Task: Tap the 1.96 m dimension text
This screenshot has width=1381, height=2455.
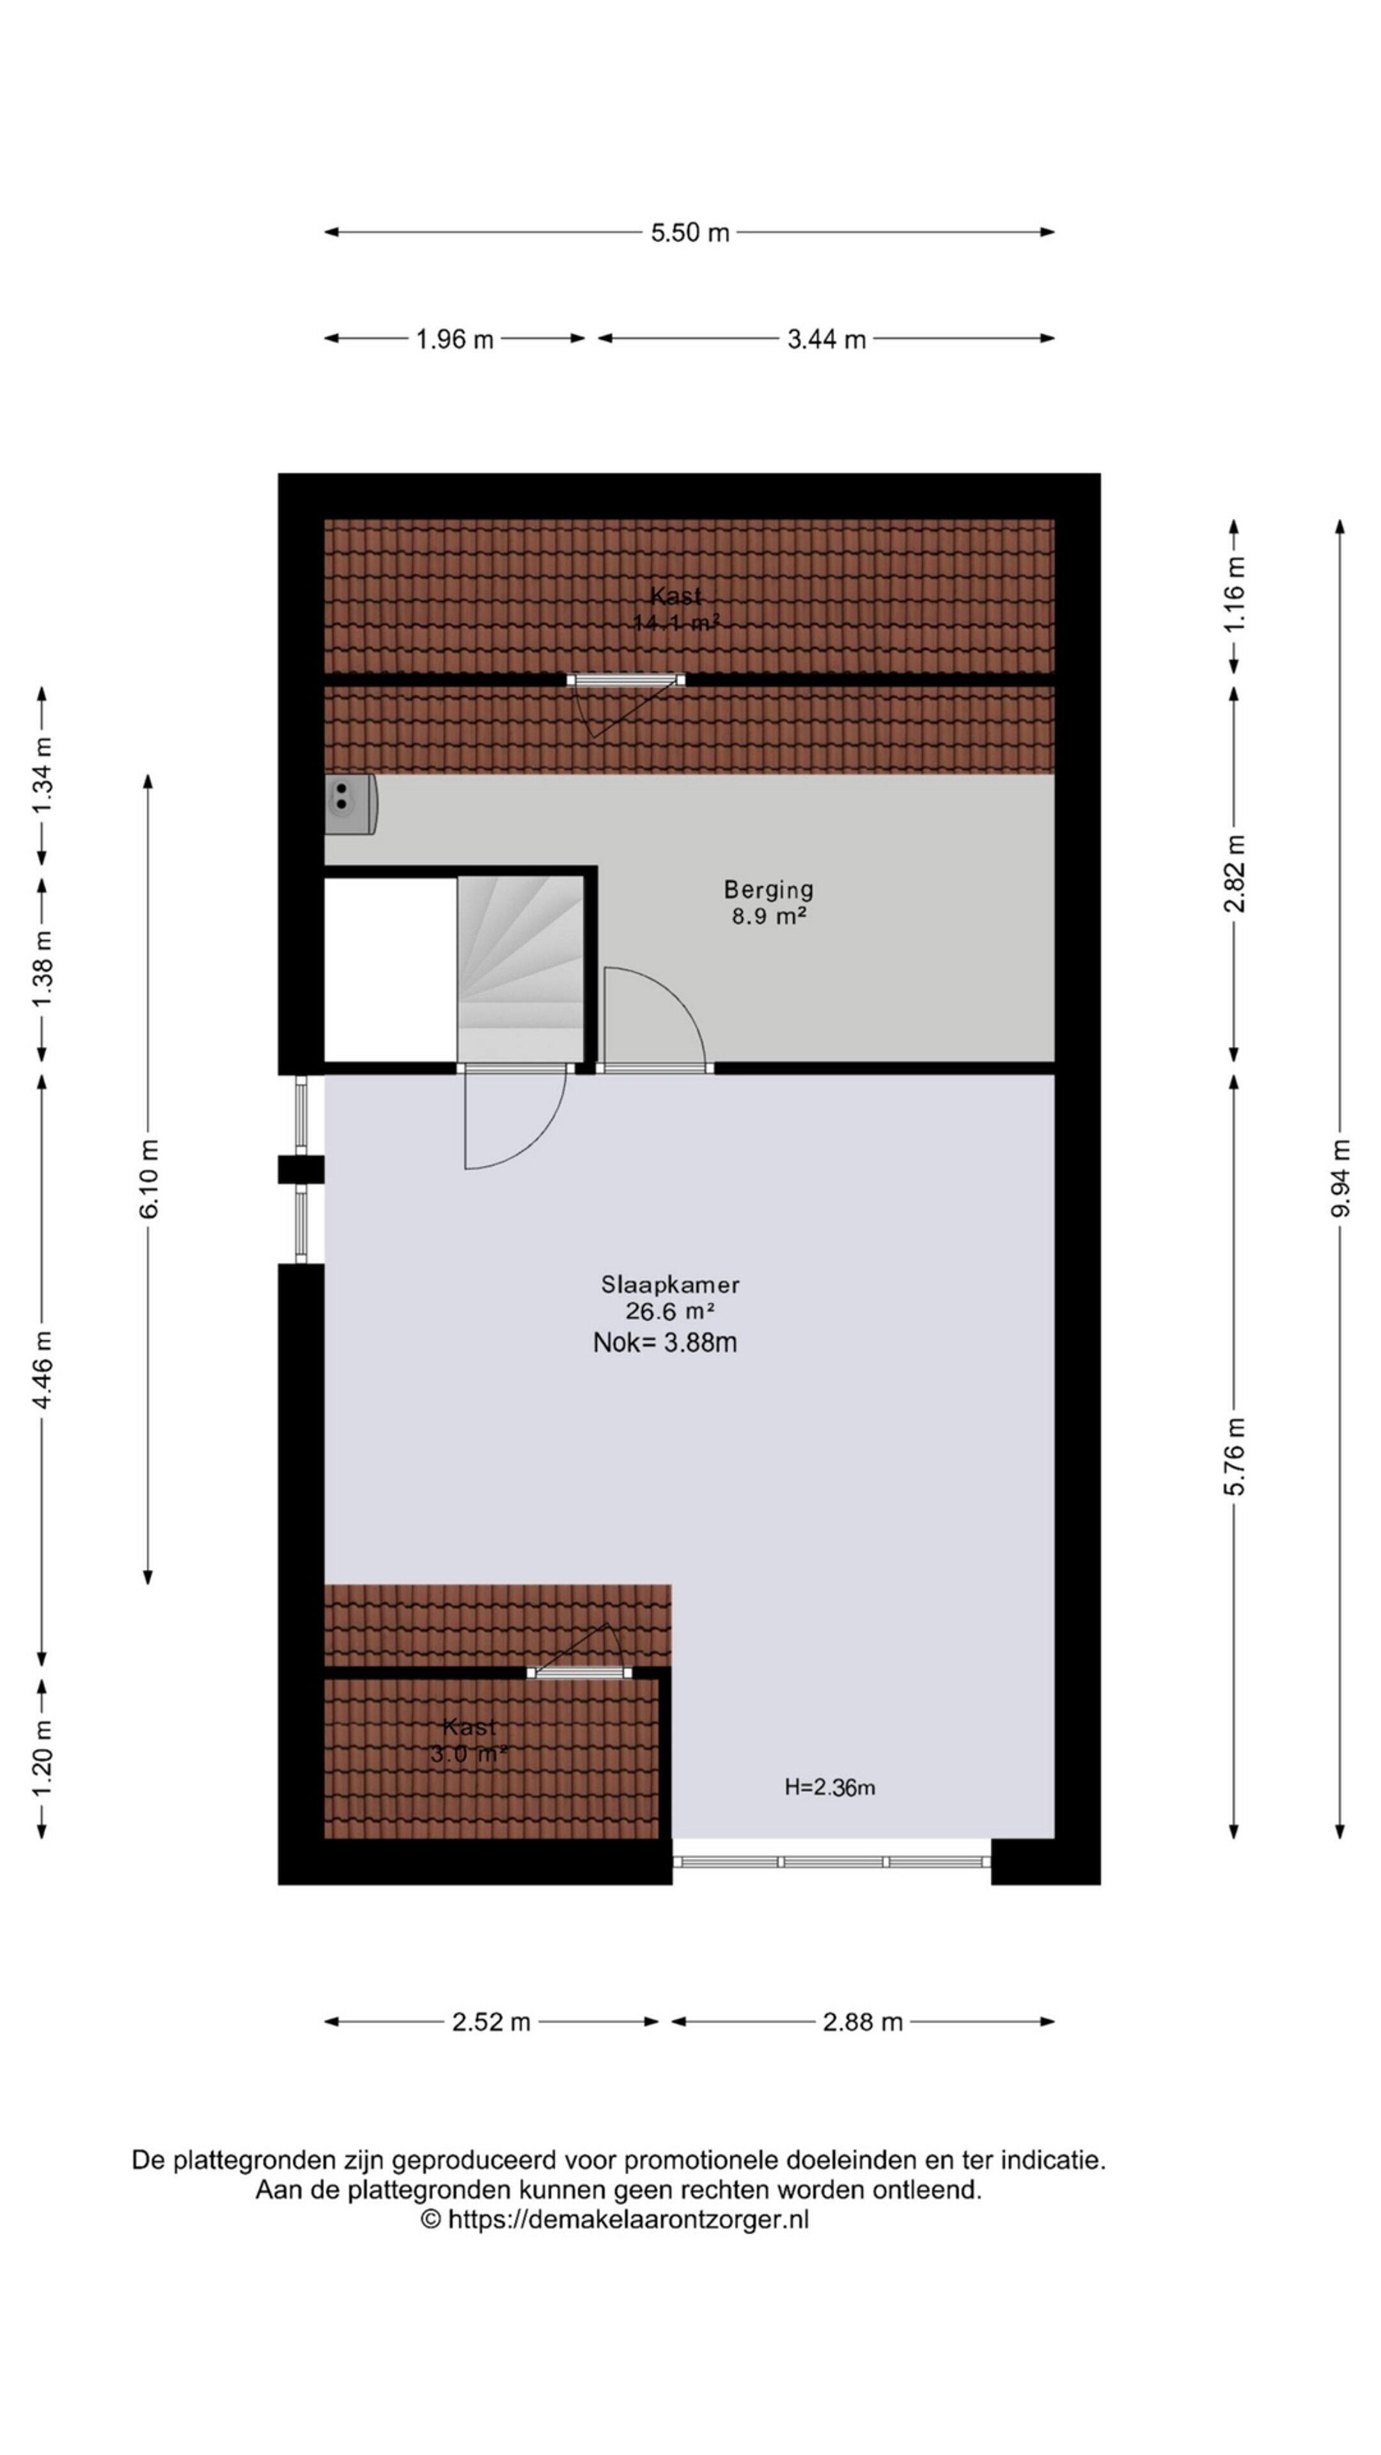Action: [x=454, y=339]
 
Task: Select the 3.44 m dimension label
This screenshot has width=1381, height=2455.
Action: [x=825, y=339]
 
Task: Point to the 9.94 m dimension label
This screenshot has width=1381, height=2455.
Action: [x=1340, y=1177]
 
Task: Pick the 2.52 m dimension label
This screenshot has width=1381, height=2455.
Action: [x=491, y=2022]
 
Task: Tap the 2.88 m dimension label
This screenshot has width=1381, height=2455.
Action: [x=862, y=2022]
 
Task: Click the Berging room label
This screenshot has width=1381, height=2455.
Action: [x=768, y=889]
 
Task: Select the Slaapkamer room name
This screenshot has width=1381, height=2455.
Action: [x=670, y=1284]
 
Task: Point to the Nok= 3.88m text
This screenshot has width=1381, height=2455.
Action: [x=664, y=1343]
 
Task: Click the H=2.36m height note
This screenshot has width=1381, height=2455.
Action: [x=829, y=1787]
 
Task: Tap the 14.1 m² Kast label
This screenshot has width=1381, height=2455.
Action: [x=676, y=610]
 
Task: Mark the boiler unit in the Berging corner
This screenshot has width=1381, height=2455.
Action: [x=349, y=804]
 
